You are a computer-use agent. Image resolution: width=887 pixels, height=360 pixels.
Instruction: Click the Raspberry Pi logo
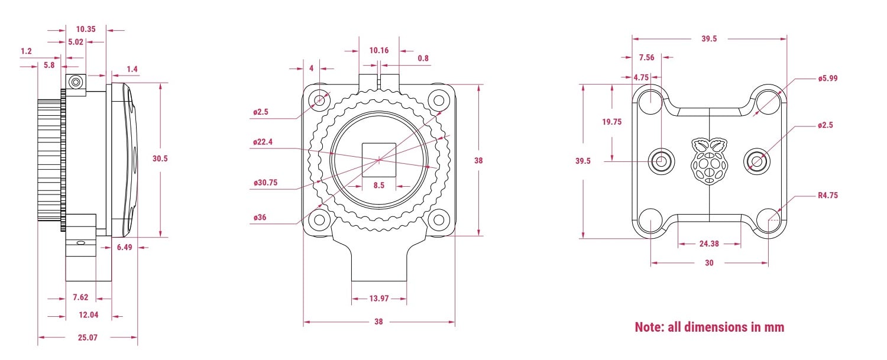(x=708, y=161)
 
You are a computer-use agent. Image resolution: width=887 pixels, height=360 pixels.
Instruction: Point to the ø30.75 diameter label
(x=265, y=183)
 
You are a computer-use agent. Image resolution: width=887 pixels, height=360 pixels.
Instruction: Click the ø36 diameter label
(x=260, y=218)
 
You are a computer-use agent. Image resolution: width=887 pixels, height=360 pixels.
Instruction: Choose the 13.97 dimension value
(x=378, y=299)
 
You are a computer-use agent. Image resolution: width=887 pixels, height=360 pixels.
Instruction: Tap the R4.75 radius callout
(x=828, y=195)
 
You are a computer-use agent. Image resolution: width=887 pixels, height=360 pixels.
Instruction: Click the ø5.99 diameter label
(x=828, y=78)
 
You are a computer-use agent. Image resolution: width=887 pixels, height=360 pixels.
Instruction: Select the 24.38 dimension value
(x=709, y=244)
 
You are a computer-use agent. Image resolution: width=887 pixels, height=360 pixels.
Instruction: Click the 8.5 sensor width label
(x=378, y=185)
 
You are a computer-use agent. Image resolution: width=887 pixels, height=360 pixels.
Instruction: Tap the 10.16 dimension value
(x=378, y=50)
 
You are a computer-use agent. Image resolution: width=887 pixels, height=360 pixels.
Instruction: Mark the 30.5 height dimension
(x=160, y=159)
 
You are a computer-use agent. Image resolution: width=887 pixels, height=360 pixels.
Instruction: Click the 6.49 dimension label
(x=124, y=247)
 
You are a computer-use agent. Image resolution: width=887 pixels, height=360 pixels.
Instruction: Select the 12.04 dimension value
(x=88, y=315)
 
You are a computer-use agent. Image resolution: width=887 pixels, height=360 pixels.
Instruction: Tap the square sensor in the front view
(x=379, y=159)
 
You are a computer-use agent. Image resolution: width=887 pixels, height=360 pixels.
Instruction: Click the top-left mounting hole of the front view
(x=320, y=99)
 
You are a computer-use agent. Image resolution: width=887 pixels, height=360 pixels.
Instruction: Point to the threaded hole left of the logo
(x=661, y=160)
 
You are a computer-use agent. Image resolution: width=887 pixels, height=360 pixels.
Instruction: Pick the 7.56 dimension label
(x=646, y=57)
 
